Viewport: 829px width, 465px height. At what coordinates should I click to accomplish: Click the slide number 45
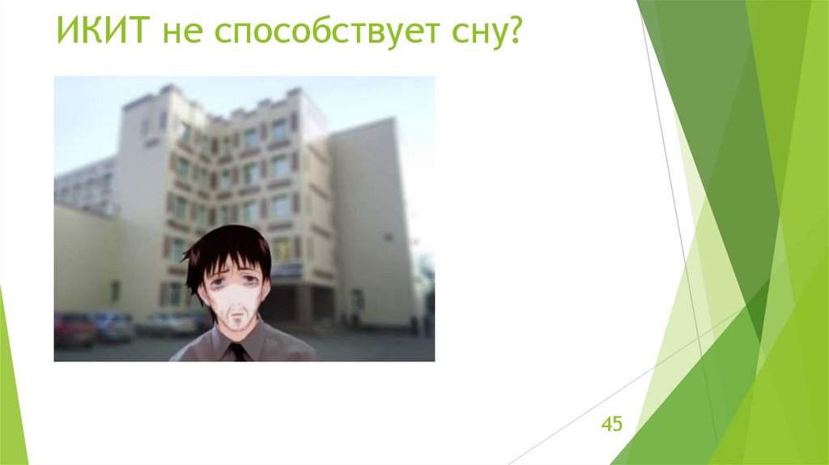(x=611, y=424)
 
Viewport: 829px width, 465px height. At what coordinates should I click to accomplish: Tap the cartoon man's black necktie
(x=236, y=352)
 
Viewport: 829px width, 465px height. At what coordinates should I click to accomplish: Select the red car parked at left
(x=74, y=329)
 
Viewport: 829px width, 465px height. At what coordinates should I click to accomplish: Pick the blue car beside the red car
(x=114, y=325)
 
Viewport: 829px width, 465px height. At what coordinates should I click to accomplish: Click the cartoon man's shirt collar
(x=220, y=340)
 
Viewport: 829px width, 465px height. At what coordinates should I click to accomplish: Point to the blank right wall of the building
(x=372, y=219)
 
